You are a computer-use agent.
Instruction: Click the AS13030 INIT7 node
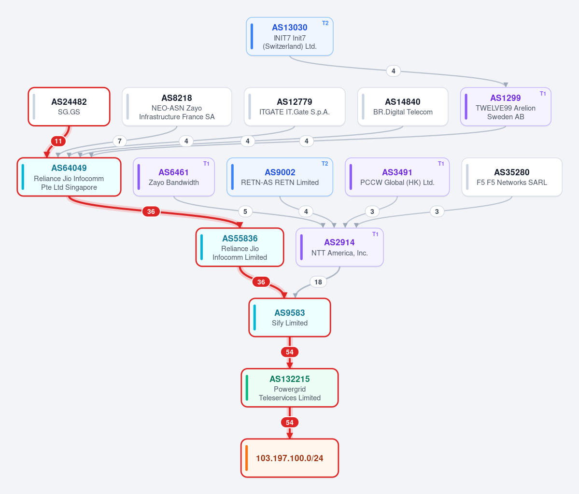coord(290,37)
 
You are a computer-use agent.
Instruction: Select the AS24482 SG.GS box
coord(69,107)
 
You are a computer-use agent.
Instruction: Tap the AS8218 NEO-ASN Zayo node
coord(177,107)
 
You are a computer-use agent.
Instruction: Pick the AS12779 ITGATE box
coord(295,107)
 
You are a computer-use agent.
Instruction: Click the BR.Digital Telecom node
coord(403,107)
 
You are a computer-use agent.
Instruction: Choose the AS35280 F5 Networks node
coord(512,177)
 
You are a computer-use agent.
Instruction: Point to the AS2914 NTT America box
coord(339,247)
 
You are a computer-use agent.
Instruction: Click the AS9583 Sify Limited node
coord(290,318)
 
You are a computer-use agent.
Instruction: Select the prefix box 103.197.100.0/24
coord(290,458)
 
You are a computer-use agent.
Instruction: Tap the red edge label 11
coord(58,141)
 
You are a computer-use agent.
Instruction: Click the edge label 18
coord(318,282)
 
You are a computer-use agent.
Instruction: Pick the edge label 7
coord(120,141)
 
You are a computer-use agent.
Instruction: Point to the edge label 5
coord(245,212)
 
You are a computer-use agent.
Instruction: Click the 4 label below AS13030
coord(393,71)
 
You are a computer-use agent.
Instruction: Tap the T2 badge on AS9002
coord(325,164)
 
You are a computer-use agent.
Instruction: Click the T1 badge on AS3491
coord(441,164)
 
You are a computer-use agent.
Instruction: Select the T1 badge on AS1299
coord(543,93)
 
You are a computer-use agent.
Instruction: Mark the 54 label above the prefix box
coord(290,423)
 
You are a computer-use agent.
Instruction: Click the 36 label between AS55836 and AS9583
coord(261,282)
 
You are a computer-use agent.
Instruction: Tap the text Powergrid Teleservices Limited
coord(290,394)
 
